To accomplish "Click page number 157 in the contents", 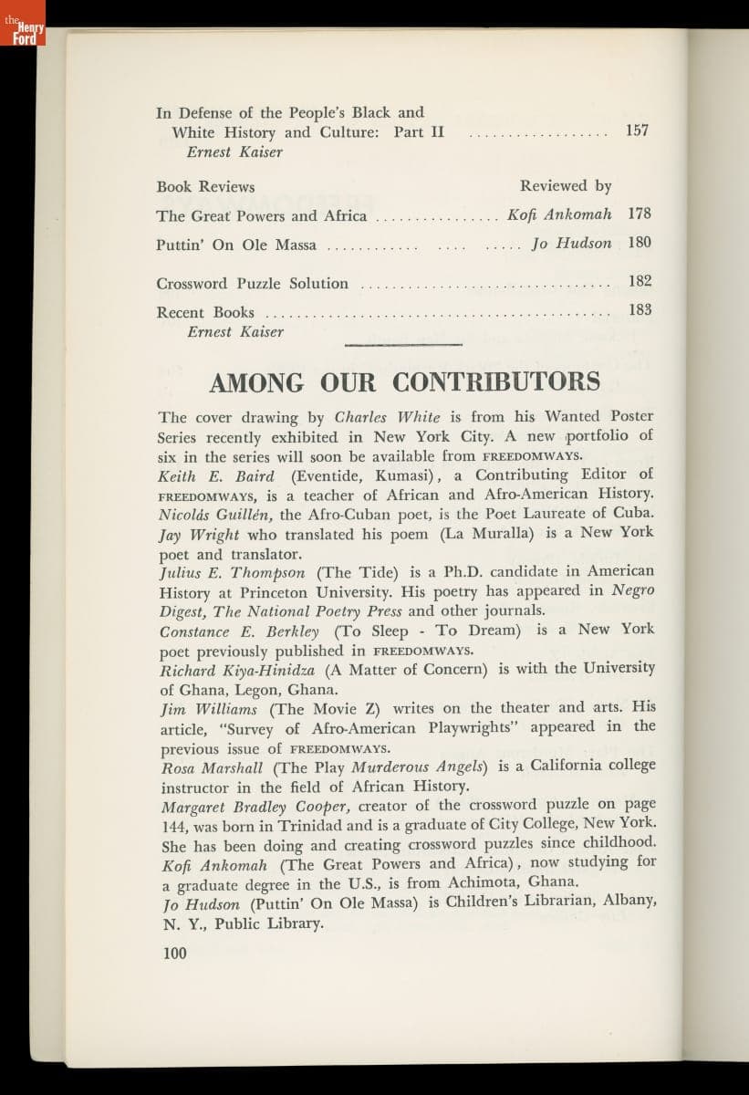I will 637,130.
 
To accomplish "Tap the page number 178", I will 640,214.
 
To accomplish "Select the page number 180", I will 640,243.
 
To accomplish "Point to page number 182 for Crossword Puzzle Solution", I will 640,282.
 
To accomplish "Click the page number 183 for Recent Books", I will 640,310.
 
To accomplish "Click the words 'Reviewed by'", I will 566,186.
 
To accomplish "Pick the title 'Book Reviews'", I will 205,187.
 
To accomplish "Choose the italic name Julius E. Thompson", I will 232,572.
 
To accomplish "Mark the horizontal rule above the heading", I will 403,345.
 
